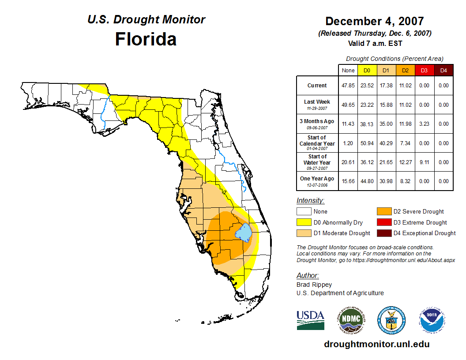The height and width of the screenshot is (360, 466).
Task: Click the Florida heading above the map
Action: click(146, 39)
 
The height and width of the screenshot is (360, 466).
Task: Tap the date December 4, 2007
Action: click(374, 21)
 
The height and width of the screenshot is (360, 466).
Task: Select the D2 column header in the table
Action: click(405, 70)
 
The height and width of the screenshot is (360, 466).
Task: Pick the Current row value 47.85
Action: click(348, 86)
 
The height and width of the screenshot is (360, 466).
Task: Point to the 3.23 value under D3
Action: click(424, 124)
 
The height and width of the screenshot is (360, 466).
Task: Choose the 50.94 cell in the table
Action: click(367, 143)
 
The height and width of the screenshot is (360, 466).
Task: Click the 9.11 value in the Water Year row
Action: click(424, 162)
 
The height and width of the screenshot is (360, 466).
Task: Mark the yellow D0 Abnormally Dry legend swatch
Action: click(303, 222)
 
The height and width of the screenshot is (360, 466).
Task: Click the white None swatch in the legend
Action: click(303, 212)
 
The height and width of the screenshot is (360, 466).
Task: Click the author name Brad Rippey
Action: click(314, 285)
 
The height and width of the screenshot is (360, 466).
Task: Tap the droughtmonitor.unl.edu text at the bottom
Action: click(376, 344)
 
